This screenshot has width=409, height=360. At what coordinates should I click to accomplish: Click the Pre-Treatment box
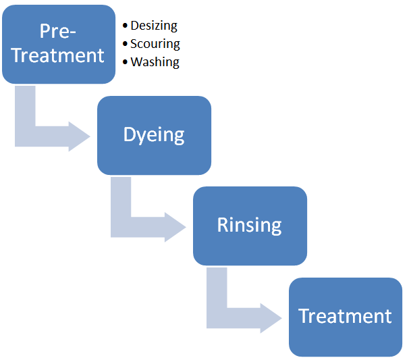(x=59, y=44)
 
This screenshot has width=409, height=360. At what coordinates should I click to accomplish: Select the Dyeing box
(x=154, y=135)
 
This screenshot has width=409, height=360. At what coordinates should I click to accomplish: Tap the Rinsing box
(x=250, y=226)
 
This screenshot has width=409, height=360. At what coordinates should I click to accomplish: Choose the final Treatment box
(x=346, y=317)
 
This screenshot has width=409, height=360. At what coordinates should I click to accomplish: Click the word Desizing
(x=154, y=26)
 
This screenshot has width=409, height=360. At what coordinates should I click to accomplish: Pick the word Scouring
(x=155, y=44)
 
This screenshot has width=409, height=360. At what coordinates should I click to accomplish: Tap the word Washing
(x=155, y=62)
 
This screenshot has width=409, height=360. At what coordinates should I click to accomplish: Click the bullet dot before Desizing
(x=126, y=26)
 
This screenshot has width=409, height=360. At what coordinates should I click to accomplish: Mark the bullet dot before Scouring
(x=126, y=44)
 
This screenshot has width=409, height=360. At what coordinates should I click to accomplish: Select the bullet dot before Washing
(x=126, y=62)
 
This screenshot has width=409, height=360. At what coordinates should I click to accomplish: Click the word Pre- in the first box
(x=57, y=31)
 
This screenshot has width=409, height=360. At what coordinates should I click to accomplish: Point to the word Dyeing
(x=154, y=135)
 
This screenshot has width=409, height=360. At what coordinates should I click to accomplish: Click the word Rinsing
(x=249, y=225)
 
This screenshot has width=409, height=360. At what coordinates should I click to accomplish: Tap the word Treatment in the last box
(x=345, y=316)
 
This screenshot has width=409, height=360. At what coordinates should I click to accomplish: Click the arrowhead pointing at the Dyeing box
(x=79, y=136)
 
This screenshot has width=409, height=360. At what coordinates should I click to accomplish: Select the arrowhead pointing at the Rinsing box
(x=175, y=227)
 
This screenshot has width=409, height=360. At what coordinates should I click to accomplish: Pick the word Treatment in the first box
(x=58, y=55)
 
